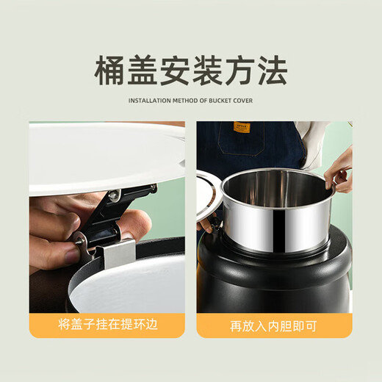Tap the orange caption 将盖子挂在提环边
(x=107, y=322)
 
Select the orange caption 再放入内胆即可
(x=274, y=322)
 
